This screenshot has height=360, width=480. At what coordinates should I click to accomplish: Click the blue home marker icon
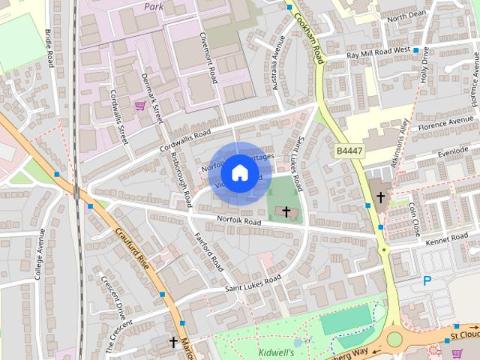238,172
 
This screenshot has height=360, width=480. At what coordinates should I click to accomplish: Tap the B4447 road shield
349,151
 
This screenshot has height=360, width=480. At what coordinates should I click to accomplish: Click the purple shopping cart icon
140,105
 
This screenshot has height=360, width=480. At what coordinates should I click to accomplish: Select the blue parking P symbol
427,280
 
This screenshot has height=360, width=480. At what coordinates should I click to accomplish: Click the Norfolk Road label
238,222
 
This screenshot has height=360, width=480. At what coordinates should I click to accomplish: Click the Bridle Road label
49,47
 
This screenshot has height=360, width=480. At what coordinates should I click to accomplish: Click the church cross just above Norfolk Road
286,212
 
